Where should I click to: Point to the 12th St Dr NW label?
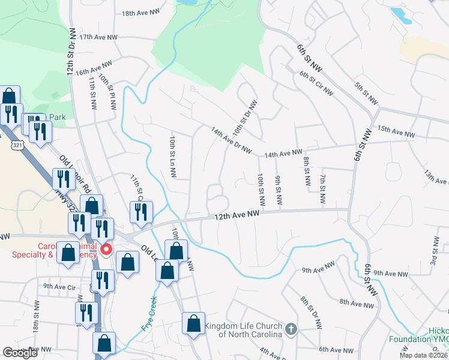(71, 51)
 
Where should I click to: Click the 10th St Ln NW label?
(172, 156)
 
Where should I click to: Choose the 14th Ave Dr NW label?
(231, 140)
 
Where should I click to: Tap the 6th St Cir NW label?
(316, 82)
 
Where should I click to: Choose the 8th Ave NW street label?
(357, 304)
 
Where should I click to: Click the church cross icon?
(291, 329)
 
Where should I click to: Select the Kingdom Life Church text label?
(243, 330)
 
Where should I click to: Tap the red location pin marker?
(107, 249)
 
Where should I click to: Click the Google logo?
(21, 353)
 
